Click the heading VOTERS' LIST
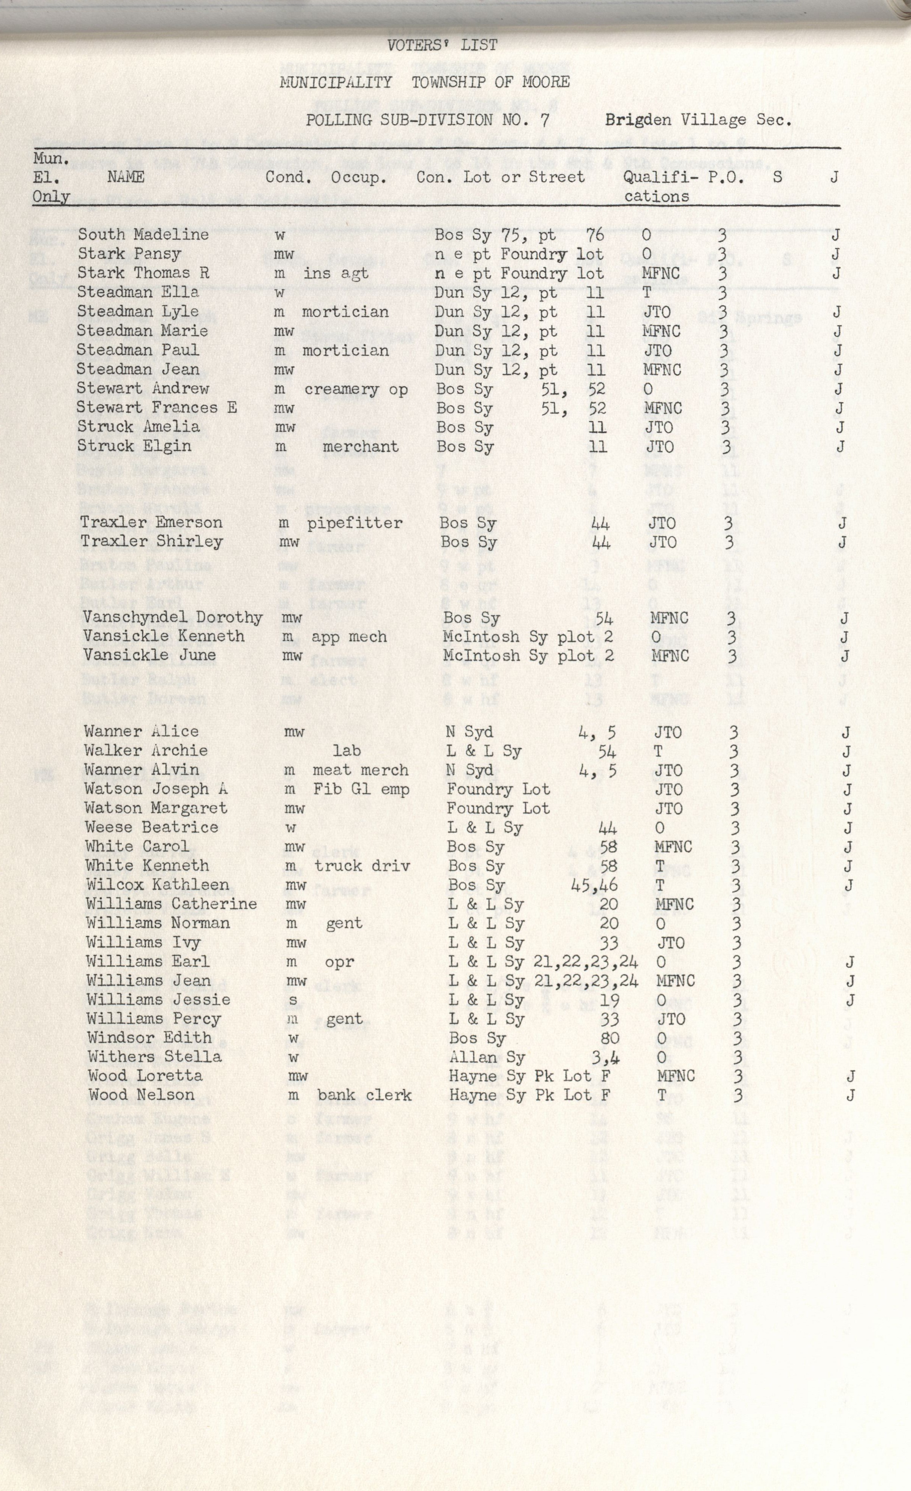[x=442, y=45]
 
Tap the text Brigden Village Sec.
[x=698, y=120]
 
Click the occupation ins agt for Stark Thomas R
[x=336, y=273]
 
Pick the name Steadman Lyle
[x=138, y=312]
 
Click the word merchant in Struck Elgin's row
[x=360, y=447]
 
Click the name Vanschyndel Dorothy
[x=173, y=618]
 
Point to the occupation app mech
[x=349, y=637]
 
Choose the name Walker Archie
[x=146, y=751]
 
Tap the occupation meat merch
[x=360, y=770]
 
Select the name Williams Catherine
[x=171, y=904]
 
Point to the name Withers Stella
[x=155, y=1057]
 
